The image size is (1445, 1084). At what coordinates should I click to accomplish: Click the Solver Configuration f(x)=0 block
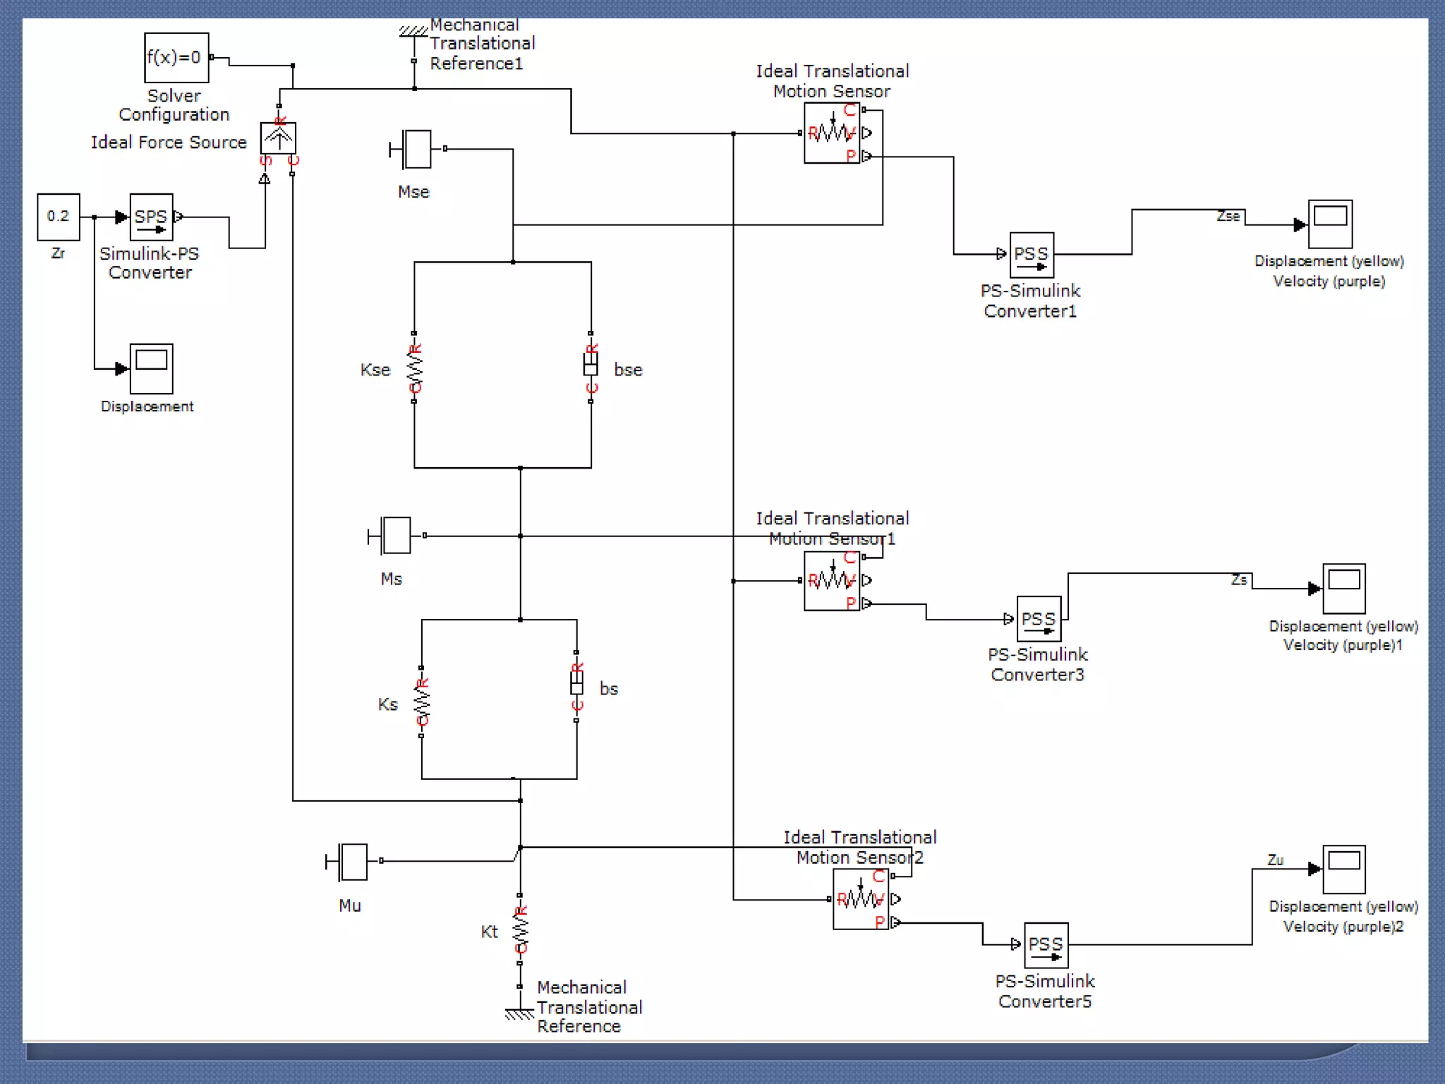click(x=176, y=58)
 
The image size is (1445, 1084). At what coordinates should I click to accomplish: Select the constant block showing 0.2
click(x=59, y=217)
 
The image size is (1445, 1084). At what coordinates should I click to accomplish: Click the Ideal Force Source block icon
click(x=278, y=138)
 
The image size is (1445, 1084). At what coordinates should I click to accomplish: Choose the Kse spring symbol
click(x=414, y=367)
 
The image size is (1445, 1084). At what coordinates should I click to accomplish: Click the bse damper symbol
click(x=591, y=366)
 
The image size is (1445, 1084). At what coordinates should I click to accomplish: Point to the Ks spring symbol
click(x=422, y=701)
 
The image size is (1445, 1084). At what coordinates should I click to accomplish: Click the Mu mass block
click(x=351, y=862)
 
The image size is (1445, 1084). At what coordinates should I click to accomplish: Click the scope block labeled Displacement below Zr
click(x=151, y=368)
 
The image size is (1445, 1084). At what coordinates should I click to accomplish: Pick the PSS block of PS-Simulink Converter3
click(x=1039, y=619)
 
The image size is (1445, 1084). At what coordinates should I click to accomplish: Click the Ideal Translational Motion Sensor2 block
click(x=860, y=899)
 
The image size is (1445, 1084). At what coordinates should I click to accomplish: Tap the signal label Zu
click(x=1275, y=860)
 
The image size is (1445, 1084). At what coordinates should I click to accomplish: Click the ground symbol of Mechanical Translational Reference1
click(x=413, y=32)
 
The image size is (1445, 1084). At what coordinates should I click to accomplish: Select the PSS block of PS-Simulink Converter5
click(x=1046, y=945)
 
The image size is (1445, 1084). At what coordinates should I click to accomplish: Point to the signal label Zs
click(x=1239, y=579)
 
